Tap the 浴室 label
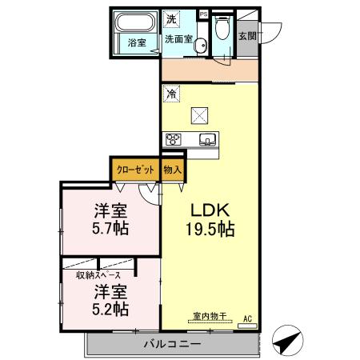[x=137, y=44]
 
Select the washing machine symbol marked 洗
[x=172, y=18]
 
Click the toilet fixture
[x=222, y=29]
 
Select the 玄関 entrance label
[x=247, y=36]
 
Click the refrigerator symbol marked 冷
[x=171, y=94]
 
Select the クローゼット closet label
[x=134, y=170]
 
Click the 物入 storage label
[x=172, y=170]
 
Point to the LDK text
[x=210, y=210]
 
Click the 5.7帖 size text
[x=110, y=229]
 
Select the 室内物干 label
[x=210, y=316]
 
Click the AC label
[x=247, y=317]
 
